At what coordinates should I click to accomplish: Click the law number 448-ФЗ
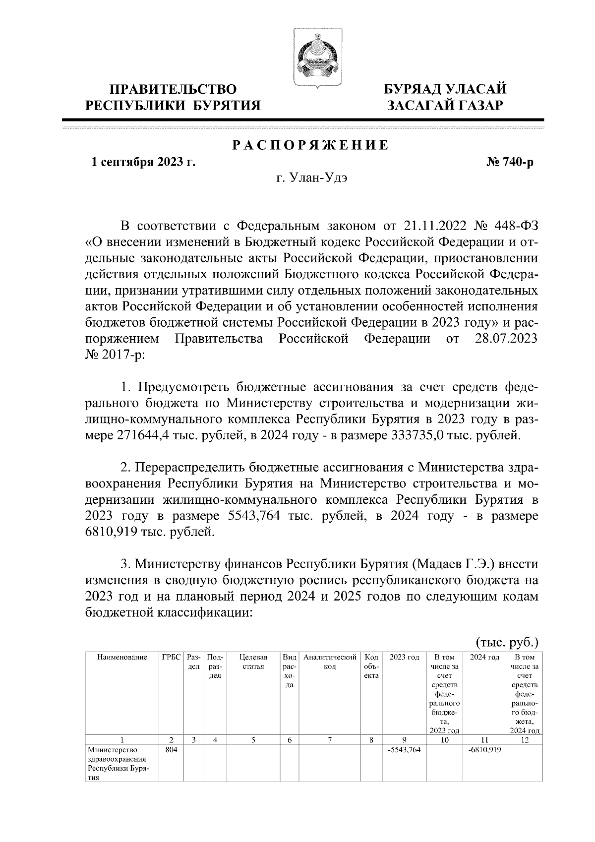click(x=517, y=226)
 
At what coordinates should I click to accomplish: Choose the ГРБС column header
click(x=171, y=658)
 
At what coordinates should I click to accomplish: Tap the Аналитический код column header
click(x=330, y=662)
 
